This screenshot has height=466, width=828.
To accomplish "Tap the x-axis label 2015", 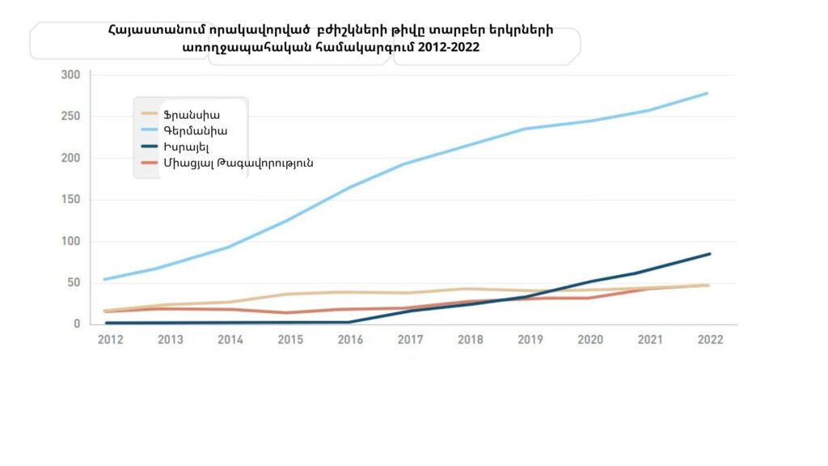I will [290, 340].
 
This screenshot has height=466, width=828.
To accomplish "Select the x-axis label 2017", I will [411, 340].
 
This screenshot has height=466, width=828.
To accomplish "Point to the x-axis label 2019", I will [530, 340].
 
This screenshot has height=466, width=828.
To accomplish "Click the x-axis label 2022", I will [709, 340].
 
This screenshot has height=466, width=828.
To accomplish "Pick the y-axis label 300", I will [71, 75].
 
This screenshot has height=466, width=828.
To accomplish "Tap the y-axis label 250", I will [71, 116].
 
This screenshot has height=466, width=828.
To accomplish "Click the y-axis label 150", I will [71, 200].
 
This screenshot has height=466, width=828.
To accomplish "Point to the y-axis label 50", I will [74, 282].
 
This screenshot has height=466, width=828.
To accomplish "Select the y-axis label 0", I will [78, 324].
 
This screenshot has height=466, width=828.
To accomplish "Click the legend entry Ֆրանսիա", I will [191, 115].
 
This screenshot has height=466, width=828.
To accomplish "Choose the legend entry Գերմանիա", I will [195, 130].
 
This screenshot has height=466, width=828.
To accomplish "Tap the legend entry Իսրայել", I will [186, 146].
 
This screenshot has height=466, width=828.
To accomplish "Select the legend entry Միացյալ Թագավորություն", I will [238, 163].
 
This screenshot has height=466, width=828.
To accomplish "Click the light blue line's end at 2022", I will [708, 93].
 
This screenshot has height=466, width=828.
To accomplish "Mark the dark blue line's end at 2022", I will [709, 254].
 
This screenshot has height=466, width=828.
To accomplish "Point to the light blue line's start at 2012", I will [105, 279].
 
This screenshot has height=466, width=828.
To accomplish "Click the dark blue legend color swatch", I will [150, 146].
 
